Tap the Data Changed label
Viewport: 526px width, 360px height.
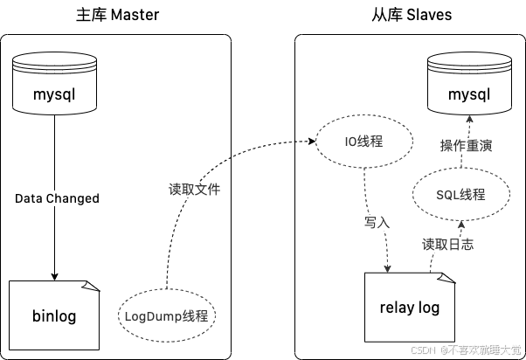(57, 198)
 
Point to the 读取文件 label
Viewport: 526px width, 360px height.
(194, 189)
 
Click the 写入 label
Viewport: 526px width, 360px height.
(377, 223)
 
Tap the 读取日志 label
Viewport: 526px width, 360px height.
(447, 245)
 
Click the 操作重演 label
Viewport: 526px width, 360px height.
(466, 146)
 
